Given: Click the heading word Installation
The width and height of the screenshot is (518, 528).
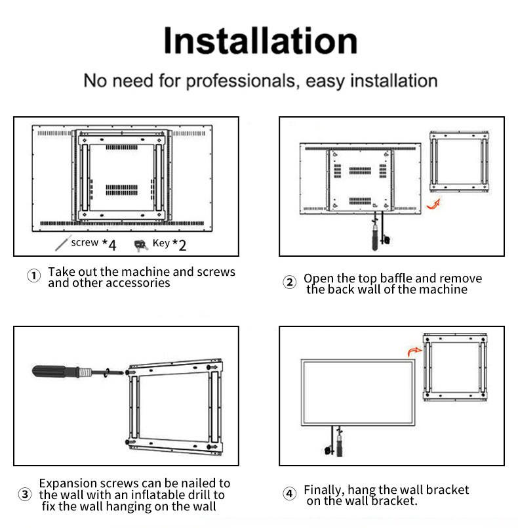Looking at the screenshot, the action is tap(260, 41).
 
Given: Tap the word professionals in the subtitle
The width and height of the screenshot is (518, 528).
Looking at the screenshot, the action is tap(241, 81).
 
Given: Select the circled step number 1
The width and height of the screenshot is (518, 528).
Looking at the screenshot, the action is tap(33, 276).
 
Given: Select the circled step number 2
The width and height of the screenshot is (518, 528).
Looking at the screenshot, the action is tap(289, 282).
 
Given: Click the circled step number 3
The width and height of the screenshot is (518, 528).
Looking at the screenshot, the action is tap(25, 495).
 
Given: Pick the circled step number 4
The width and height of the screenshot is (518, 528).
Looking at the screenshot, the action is tap(289, 494).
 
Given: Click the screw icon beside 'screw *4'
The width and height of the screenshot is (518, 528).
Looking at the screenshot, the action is tap(63, 243).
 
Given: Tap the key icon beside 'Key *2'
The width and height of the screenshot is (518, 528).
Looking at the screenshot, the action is tap(141, 245).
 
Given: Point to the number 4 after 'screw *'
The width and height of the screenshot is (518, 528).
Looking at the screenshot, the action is tap(112, 246).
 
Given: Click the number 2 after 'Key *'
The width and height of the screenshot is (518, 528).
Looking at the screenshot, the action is tap(182, 246).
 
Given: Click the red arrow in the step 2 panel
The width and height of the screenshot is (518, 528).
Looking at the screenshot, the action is tap(433, 204).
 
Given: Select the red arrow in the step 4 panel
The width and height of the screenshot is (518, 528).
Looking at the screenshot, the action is tap(414, 351).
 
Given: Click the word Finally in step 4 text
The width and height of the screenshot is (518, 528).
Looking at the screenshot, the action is tap(324, 491).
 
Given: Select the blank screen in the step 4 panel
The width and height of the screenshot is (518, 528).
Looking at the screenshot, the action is tap(358, 393).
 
